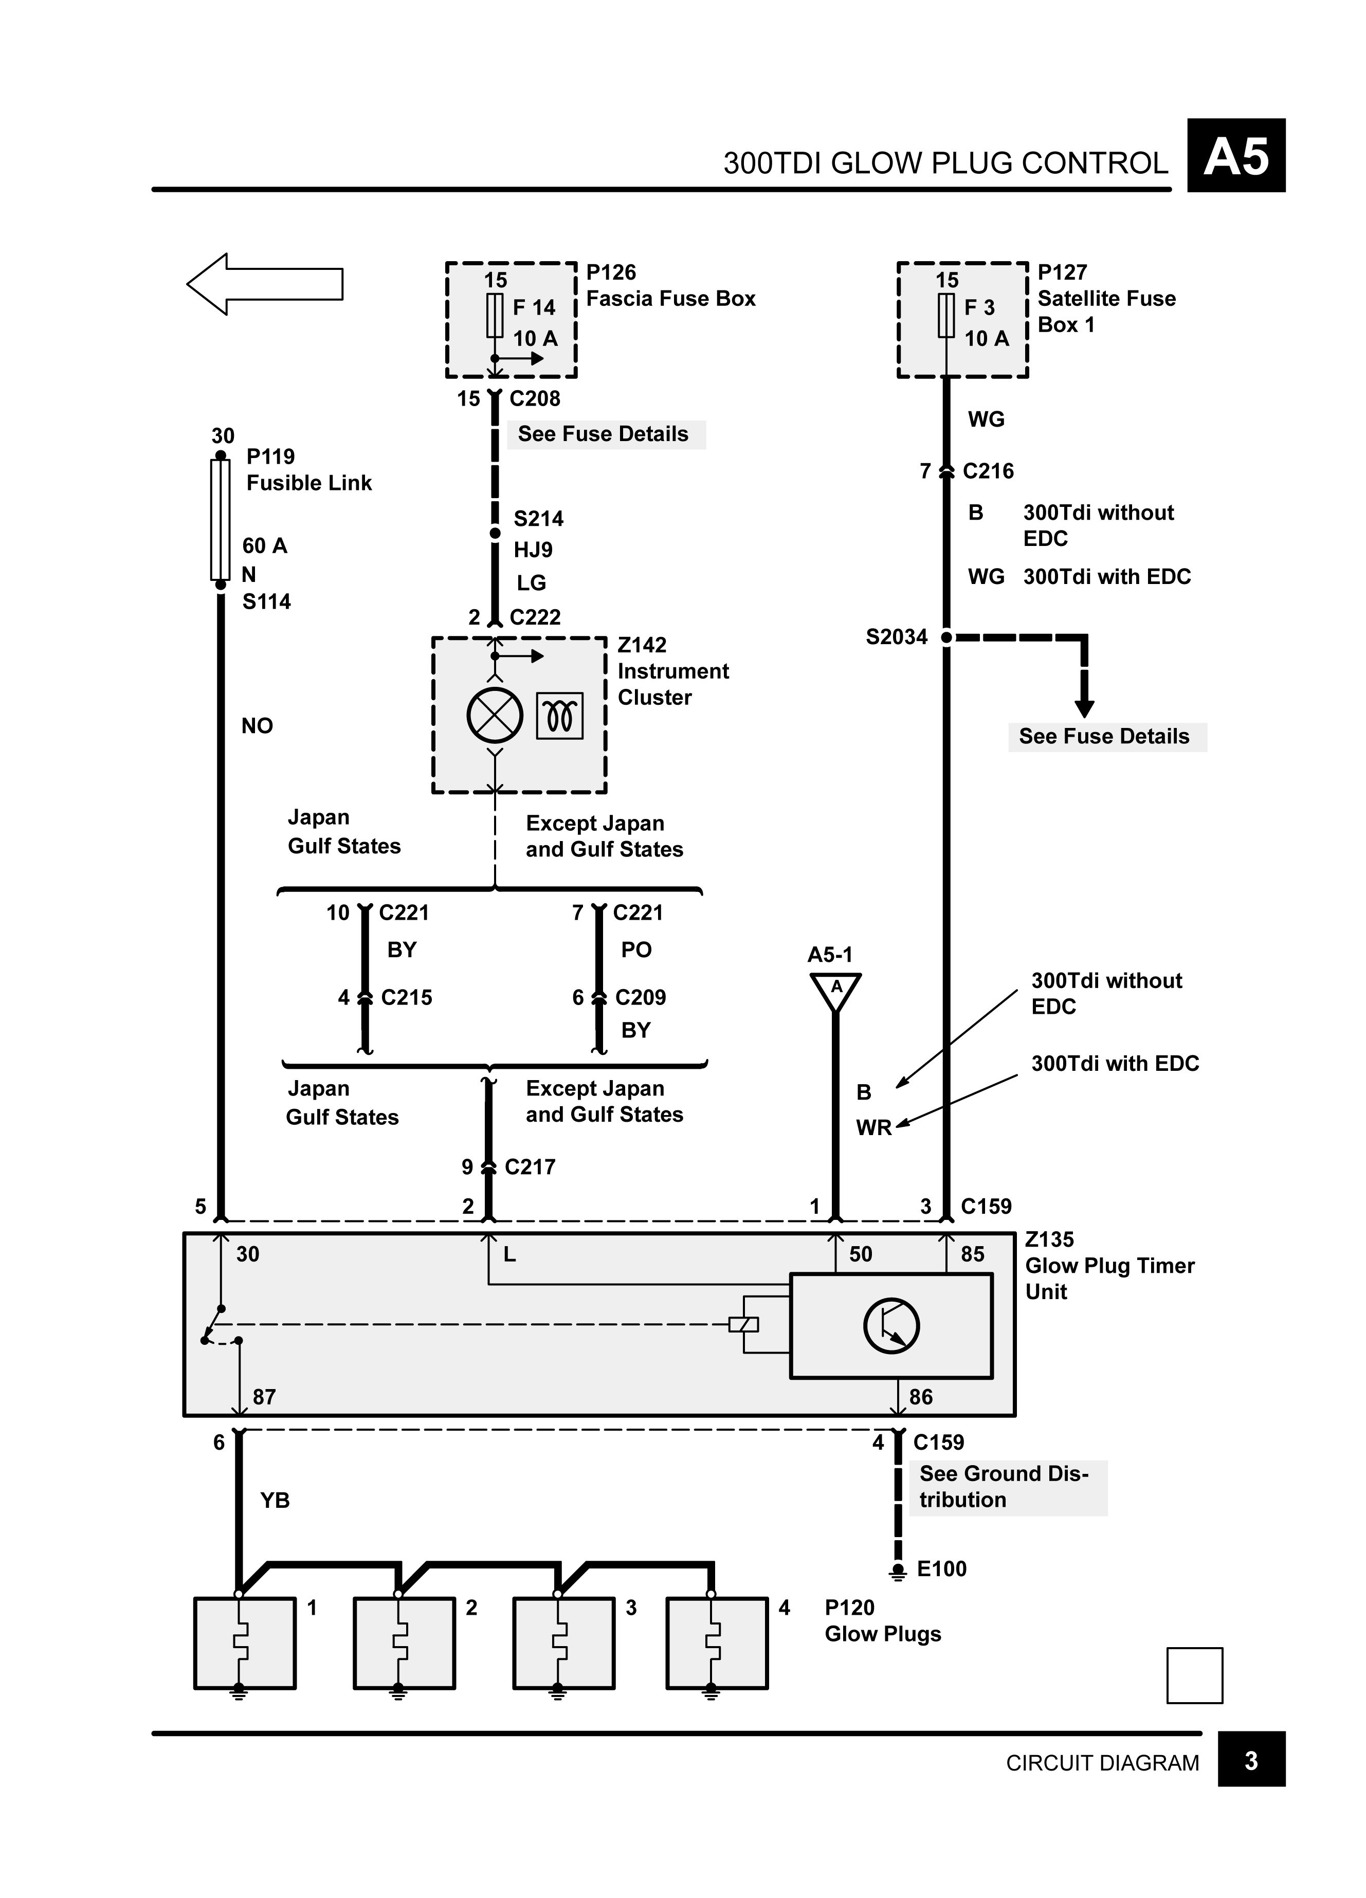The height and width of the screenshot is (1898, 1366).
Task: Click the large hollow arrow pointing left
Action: (x=264, y=284)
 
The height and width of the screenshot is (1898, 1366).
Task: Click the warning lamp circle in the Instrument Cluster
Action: (x=495, y=716)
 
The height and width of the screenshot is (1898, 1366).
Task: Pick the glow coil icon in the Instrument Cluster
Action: (x=559, y=716)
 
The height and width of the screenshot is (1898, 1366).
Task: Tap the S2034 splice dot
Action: (x=946, y=637)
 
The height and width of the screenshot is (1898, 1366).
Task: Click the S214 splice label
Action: (x=538, y=519)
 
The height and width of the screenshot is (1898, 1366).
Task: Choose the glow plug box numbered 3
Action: (x=563, y=1643)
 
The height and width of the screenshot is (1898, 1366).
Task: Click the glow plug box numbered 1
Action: (x=244, y=1643)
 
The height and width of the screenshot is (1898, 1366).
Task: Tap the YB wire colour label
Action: (x=275, y=1500)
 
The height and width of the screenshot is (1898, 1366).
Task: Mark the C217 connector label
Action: (x=530, y=1166)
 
